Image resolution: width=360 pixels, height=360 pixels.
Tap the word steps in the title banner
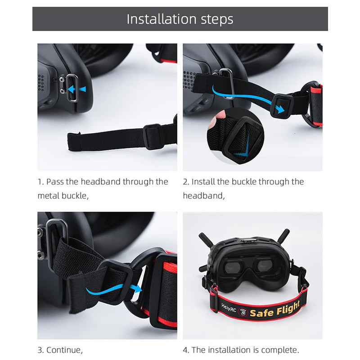pos(218,20)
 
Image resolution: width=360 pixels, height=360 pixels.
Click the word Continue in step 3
pos(63,350)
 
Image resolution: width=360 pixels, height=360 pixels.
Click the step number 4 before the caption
pos(186,350)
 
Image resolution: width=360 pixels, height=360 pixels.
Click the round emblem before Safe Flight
pos(243,311)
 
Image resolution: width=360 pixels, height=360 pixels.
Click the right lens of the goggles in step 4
pos(267,267)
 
